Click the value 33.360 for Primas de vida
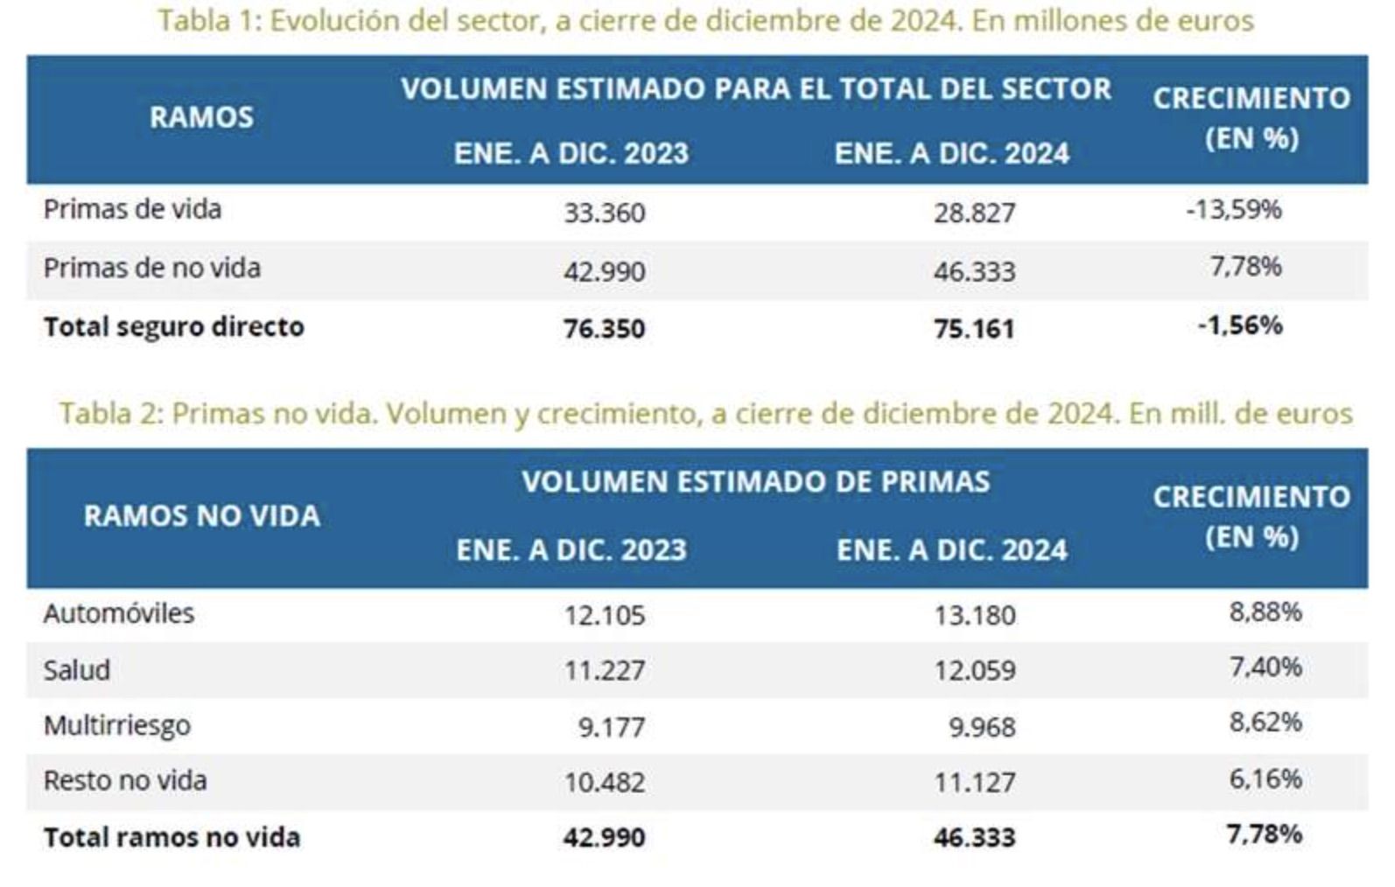pos(604,213)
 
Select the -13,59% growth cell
pos(1234,210)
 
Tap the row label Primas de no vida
pos(151,268)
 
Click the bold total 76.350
pos(604,329)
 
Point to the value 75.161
pos(974,329)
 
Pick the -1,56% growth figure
pos(1240,325)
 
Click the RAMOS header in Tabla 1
pos(201,117)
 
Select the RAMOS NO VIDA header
pos(201,516)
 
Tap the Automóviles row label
pos(118,613)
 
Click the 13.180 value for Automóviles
pos(974,616)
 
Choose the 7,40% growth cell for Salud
pos(1265,667)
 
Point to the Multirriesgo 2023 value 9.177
pos(611,727)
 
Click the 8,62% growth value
pos(1265,723)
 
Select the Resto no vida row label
pos(125,780)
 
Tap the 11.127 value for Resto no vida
pos(974,782)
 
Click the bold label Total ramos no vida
pos(172,837)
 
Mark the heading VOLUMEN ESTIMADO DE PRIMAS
pos(755,482)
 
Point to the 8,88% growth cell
pos(1265,611)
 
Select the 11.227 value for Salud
pos(604,671)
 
